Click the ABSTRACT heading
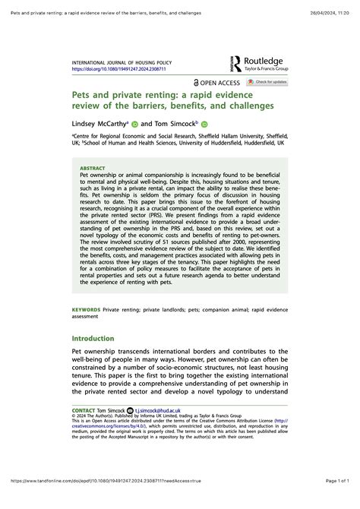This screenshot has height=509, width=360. pyautogui.click(x=93, y=169)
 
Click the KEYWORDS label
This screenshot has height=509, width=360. pyautogui.click(x=86, y=311)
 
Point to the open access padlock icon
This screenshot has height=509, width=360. pyautogui.click(x=197, y=82)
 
